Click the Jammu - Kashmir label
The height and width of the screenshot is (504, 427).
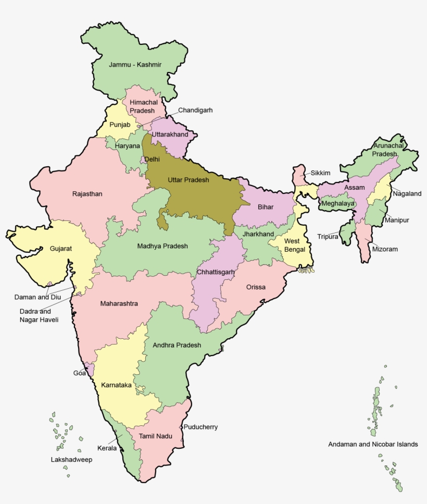coord(135,65)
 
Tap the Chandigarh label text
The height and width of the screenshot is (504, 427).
coord(195,110)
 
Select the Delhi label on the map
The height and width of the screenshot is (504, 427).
coord(152,159)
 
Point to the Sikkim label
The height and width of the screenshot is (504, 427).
coord(321,173)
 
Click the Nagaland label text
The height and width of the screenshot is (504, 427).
coord(407,193)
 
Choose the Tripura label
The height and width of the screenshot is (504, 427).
coord(328,237)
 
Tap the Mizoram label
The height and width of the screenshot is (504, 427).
coord(385,249)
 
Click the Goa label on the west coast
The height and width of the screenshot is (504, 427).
coord(79,373)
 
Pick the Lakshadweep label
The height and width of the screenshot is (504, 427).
coord(71,460)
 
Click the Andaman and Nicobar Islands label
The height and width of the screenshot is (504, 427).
coord(373,445)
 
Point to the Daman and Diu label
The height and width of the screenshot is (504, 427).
coord(37,297)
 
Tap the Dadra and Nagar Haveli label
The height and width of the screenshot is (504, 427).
coord(39,315)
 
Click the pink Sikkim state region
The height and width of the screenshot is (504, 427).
coord(299,175)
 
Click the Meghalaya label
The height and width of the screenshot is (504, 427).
coord(337,203)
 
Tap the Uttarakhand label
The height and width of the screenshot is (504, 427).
coord(170,134)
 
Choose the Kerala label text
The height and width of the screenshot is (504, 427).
coord(107,448)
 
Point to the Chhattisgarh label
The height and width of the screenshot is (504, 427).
coord(216,272)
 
